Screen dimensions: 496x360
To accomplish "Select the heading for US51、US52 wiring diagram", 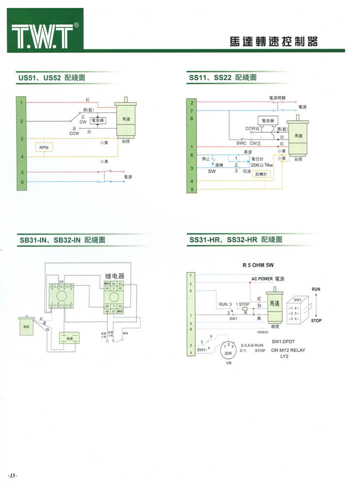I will click(x=51, y=78).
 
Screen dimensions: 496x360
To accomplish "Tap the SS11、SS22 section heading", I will click(x=222, y=78).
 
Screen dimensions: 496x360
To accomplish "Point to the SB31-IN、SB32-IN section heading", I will click(x=62, y=240).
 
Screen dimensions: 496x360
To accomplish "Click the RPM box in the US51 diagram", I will click(x=43, y=147).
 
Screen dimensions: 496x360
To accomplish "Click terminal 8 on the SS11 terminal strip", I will click(x=192, y=118).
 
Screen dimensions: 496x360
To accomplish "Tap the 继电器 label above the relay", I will click(x=114, y=276).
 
